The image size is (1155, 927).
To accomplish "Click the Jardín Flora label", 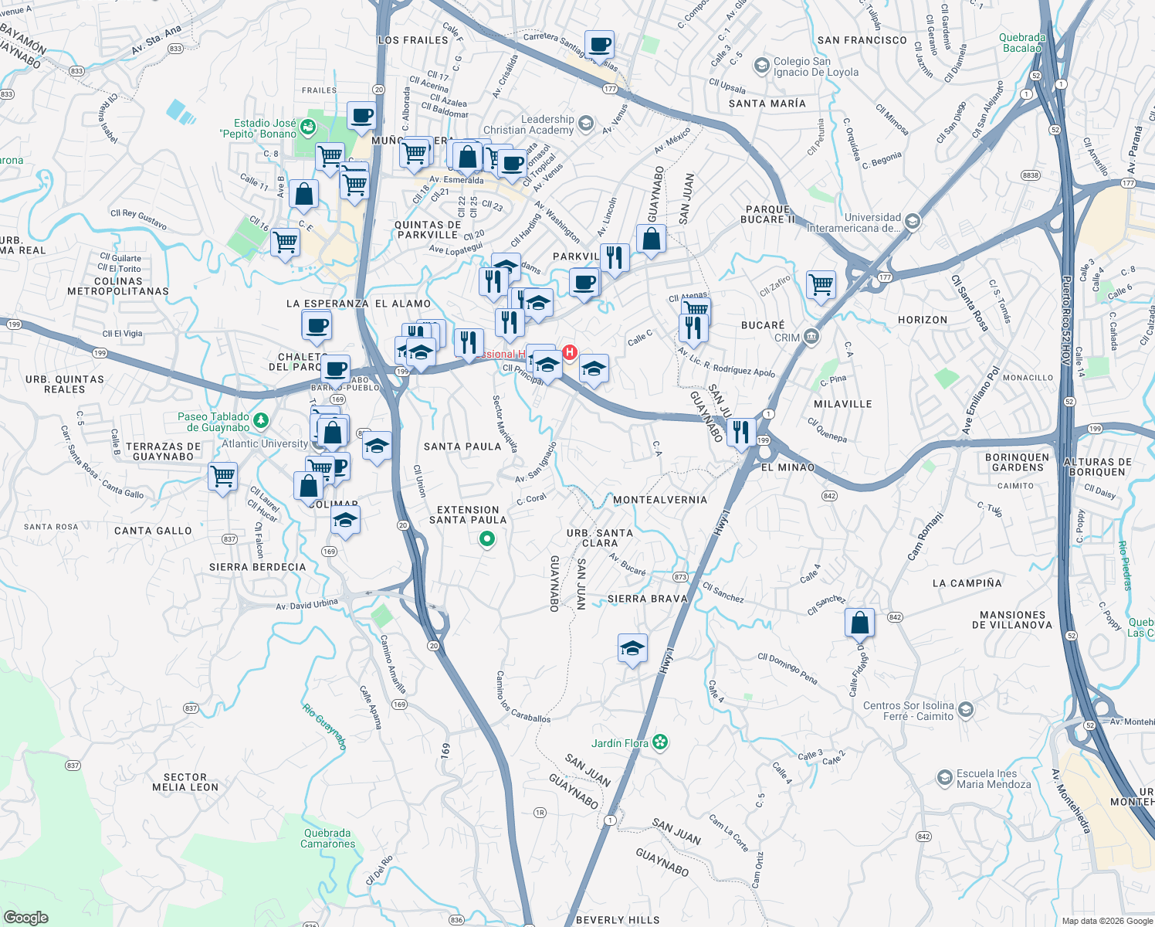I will tap(620, 743).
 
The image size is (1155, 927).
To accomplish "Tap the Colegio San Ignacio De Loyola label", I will tap(815, 66).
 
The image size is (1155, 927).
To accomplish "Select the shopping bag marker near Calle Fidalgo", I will tap(859, 622).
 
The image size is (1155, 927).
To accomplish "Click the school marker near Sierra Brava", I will tap(632, 649).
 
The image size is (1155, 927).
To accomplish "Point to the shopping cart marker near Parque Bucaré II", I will tap(821, 284).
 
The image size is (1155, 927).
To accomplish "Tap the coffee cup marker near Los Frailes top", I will tap(599, 45).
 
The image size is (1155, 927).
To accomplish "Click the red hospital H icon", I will tap(570, 352).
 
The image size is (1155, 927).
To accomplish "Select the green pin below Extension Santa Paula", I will tap(487, 539).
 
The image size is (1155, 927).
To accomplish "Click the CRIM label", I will tap(787, 338).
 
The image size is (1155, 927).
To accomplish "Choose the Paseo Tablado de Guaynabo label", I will tap(214, 422).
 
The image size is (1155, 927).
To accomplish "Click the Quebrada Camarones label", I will tap(327, 838).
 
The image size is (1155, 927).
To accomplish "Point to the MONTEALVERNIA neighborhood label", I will tap(660, 500).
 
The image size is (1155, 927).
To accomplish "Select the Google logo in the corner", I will tap(25, 918).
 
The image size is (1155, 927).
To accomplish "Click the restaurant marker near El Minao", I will tap(740, 433).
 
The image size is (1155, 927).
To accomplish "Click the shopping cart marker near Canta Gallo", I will tap(222, 476).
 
